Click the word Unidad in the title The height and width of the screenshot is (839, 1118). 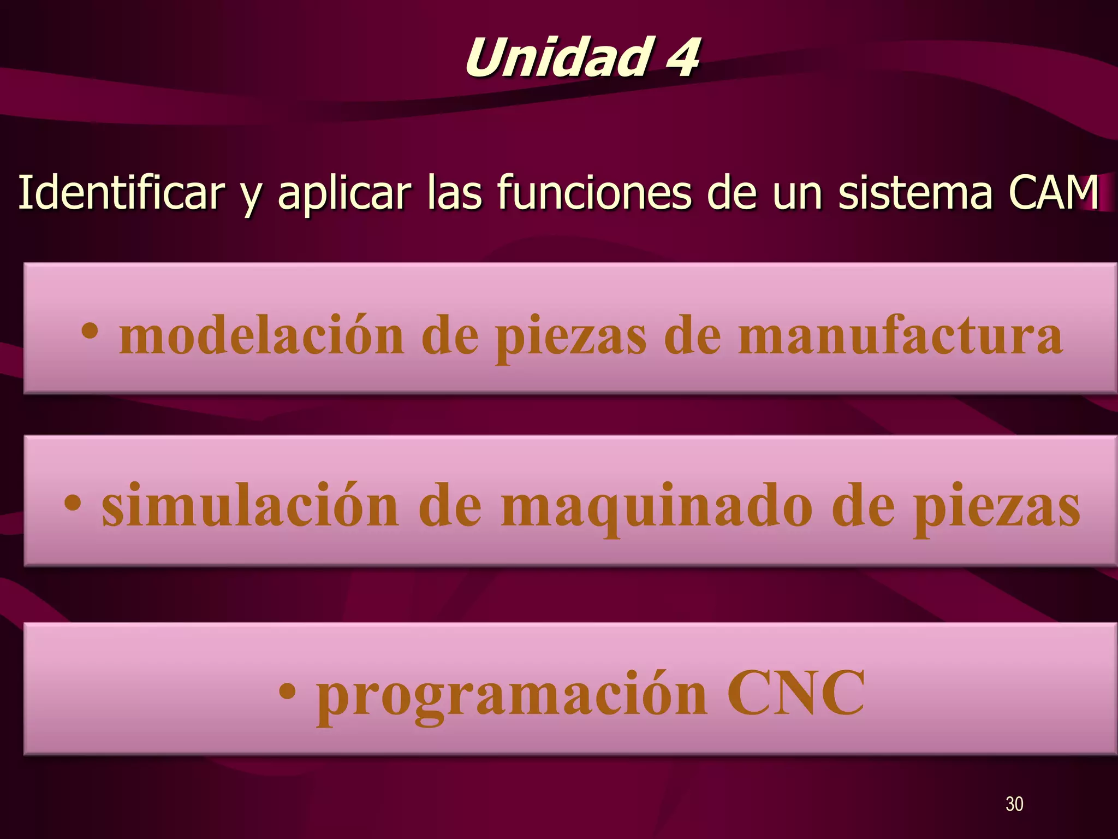557,58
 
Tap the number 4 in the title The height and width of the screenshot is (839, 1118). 680,58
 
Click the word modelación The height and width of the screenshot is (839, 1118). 261,335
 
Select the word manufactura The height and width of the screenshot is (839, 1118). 900,335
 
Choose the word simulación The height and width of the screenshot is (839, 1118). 251,506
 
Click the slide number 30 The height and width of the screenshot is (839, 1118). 1014,804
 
